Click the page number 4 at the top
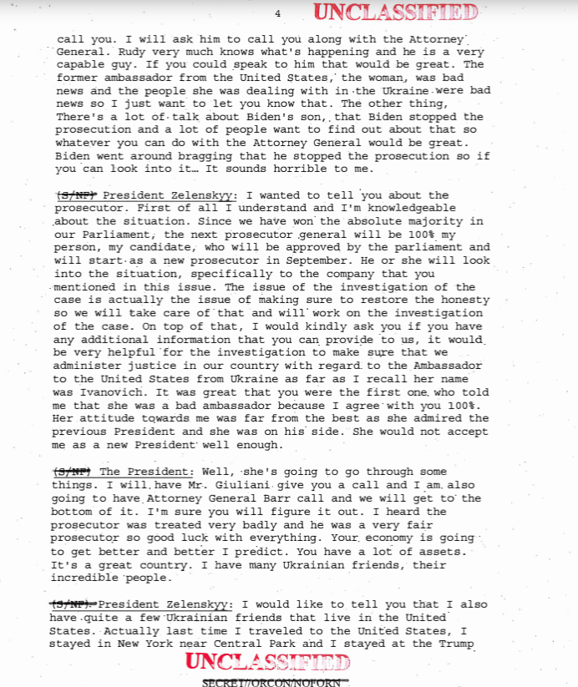[277, 13]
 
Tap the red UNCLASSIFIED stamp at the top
[396, 13]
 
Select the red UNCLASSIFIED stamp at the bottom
[267, 663]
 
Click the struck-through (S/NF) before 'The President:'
[72, 472]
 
